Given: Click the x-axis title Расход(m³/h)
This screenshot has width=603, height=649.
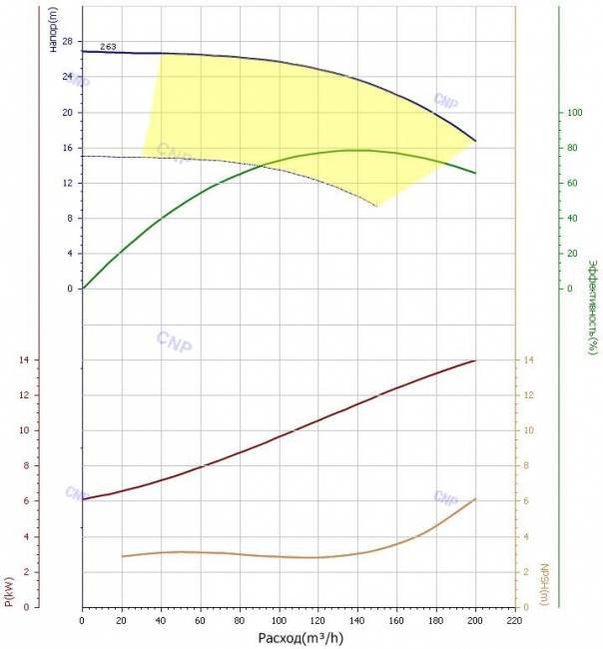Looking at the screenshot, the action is (301, 638).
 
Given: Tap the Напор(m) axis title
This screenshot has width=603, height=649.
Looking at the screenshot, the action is (53, 30).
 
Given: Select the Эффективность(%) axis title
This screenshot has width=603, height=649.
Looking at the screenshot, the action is (593, 307).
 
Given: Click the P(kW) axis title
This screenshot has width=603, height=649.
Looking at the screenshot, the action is (9, 592).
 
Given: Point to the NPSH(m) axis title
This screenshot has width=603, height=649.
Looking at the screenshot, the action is (544, 584).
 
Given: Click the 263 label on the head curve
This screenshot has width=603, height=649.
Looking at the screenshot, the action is (108, 47).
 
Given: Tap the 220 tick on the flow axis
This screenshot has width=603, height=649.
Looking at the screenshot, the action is (514, 620).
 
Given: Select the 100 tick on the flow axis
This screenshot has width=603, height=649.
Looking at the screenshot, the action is (279, 620).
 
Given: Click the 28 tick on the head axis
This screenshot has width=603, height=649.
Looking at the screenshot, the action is (67, 41).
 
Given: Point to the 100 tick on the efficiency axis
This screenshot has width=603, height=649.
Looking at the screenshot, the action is (574, 112).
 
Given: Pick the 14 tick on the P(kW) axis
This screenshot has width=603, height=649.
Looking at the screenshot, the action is (24, 359).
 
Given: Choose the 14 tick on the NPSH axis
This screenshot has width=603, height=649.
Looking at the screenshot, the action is (529, 359).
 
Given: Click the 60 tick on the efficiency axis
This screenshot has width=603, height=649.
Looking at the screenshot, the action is (572, 183).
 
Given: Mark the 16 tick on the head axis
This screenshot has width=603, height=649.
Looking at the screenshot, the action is (67, 148).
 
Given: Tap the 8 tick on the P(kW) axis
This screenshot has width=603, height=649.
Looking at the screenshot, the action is (27, 465).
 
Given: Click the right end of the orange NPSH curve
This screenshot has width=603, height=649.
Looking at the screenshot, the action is (475, 499).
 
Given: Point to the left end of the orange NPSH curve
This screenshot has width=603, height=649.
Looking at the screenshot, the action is (122, 556).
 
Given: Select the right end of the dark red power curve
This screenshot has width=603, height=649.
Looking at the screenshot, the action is (475, 360).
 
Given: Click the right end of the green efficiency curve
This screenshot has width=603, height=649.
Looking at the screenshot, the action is (475, 173).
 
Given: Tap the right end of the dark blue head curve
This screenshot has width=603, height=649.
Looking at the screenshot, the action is (475, 141).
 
